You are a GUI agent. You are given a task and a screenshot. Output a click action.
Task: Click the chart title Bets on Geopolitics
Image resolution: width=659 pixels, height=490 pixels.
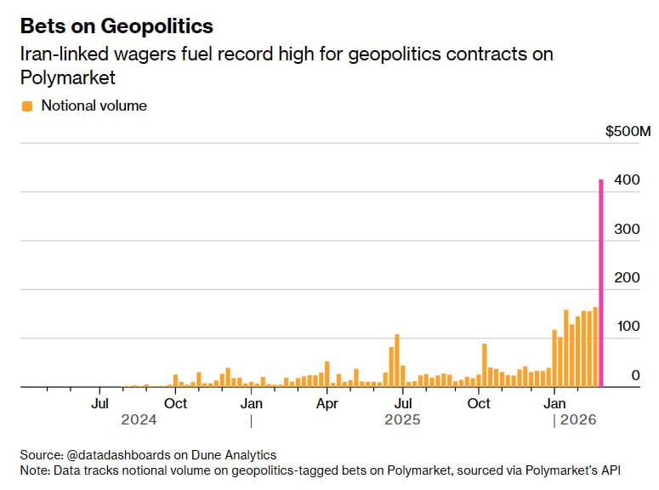tap(116, 26)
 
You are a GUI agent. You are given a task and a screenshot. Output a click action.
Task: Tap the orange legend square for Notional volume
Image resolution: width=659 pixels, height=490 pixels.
tap(26, 106)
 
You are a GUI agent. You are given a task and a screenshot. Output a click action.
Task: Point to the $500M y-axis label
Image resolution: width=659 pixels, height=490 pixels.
tap(628, 132)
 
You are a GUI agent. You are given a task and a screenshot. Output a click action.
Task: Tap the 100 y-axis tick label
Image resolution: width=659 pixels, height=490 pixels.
tap(628, 327)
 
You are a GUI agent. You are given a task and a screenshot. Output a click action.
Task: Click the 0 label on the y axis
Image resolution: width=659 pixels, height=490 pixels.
tap(634, 375)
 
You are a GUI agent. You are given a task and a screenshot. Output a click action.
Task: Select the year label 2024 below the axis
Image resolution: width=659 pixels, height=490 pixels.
tap(139, 419)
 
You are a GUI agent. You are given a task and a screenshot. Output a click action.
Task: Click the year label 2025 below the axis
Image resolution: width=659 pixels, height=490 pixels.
tap(402, 419)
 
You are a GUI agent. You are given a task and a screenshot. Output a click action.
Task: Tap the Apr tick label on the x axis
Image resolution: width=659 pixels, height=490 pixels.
tap(327, 403)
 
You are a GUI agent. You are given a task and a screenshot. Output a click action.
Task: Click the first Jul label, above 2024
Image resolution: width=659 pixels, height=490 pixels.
tap(100, 403)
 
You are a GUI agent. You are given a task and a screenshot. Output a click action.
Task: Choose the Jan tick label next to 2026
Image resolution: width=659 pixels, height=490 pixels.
tap(555, 403)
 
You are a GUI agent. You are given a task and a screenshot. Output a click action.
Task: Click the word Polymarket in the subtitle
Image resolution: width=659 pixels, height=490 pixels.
tap(68, 77)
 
